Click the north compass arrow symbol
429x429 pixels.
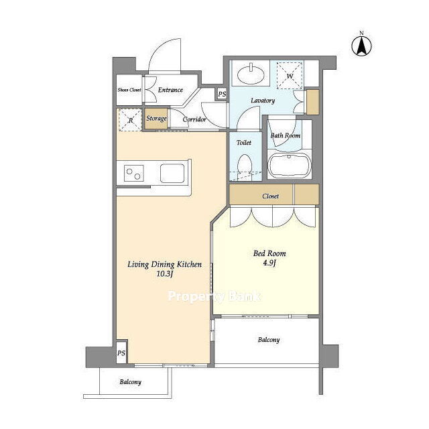361,46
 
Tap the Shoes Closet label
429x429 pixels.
129,90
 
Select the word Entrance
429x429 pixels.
170,90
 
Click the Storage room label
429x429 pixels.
156,119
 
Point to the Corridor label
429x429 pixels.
194,119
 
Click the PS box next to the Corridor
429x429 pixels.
222,94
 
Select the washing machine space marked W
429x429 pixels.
290,76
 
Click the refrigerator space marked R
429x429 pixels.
131,120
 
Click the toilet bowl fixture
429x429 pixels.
245,166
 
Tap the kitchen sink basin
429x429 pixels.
172,174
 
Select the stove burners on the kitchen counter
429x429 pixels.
134,174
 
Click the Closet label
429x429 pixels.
270,196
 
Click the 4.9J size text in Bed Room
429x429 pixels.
269,263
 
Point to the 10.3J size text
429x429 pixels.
164,274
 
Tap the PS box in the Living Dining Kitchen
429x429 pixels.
121,353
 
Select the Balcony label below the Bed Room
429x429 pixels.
269,340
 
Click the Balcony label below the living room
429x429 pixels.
130,382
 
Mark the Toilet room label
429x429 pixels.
244,143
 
